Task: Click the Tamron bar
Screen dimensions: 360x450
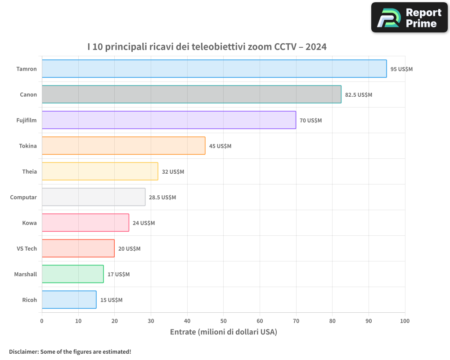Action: point(214,69)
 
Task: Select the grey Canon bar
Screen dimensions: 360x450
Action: point(191,94)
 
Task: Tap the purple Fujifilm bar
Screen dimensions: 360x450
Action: point(169,120)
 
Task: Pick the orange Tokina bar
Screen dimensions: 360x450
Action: point(123,146)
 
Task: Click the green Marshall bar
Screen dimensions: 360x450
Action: point(72,274)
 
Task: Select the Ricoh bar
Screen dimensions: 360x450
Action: point(69,300)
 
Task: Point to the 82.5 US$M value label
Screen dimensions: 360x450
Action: point(359,95)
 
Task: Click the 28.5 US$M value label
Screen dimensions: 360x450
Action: point(162,198)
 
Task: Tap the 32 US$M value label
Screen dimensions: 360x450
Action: point(173,172)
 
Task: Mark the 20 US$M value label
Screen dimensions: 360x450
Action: point(129,249)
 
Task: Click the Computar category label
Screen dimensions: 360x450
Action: point(23,197)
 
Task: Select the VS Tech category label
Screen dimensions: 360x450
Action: point(27,248)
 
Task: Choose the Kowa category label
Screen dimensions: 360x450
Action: point(29,223)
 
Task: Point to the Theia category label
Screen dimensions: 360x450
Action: point(29,171)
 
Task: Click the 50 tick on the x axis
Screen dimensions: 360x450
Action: point(223,321)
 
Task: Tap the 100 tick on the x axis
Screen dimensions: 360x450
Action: point(405,321)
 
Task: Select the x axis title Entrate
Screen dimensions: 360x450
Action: point(223,332)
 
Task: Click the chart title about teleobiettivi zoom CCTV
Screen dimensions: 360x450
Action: point(207,46)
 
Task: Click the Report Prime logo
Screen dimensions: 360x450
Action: point(409,18)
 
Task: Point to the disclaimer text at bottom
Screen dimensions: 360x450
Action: point(70,351)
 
